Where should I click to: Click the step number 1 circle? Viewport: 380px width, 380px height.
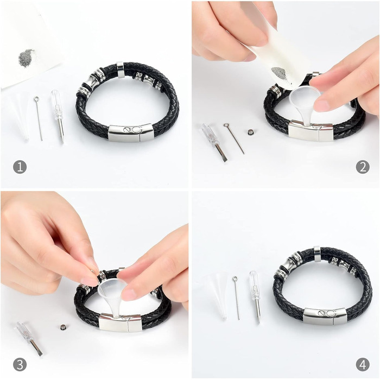pyautogui.click(x=20, y=167)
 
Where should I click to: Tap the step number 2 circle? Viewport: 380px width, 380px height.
pyautogui.click(x=363, y=167)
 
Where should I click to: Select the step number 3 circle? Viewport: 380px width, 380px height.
pyautogui.click(x=20, y=365)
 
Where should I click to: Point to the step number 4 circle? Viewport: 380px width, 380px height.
pyautogui.click(x=363, y=365)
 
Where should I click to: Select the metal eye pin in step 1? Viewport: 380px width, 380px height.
pyautogui.click(x=39, y=118)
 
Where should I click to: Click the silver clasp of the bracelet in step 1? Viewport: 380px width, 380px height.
pyautogui.click(x=131, y=133)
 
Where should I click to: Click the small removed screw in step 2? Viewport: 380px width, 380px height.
pyautogui.click(x=250, y=132)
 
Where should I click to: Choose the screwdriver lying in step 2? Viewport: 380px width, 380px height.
pyautogui.click(x=214, y=142)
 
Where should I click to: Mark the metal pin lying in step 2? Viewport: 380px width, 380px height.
pyautogui.click(x=234, y=138)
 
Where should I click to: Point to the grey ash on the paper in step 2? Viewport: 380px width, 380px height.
pyautogui.click(x=279, y=73)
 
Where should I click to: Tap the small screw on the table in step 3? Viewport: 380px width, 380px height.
pyautogui.click(x=63, y=327)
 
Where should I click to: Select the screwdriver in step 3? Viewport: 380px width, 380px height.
pyautogui.click(x=29, y=339)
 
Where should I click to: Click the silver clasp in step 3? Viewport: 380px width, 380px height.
pyautogui.click(x=121, y=322)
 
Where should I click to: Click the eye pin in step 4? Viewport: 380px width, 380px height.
pyautogui.click(x=236, y=297)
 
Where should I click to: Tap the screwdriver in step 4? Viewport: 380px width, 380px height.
pyautogui.click(x=256, y=297)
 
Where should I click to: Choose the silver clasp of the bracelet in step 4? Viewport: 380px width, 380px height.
pyautogui.click(x=325, y=316)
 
